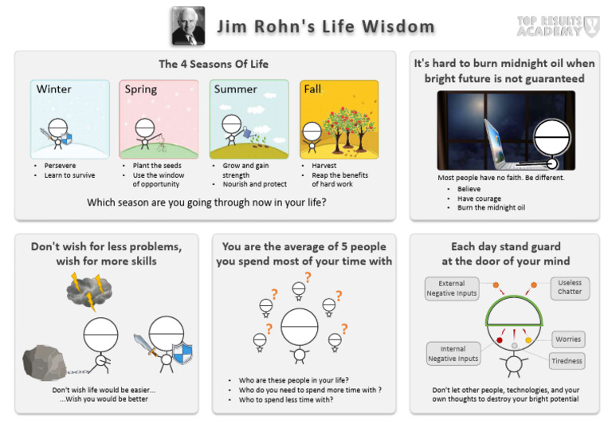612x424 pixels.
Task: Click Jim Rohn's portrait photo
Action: point(188,26)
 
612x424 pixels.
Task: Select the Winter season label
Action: point(54,89)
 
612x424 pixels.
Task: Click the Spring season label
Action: point(140,89)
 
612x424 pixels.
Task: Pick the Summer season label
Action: point(235,89)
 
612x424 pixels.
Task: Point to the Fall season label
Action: point(312,89)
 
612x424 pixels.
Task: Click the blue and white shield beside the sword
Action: point(182,351)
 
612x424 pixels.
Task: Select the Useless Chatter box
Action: point(570,288)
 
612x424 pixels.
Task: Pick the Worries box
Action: point(568,339)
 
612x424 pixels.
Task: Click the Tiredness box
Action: point(567,361)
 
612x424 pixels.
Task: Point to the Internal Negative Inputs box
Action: point(453,353)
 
